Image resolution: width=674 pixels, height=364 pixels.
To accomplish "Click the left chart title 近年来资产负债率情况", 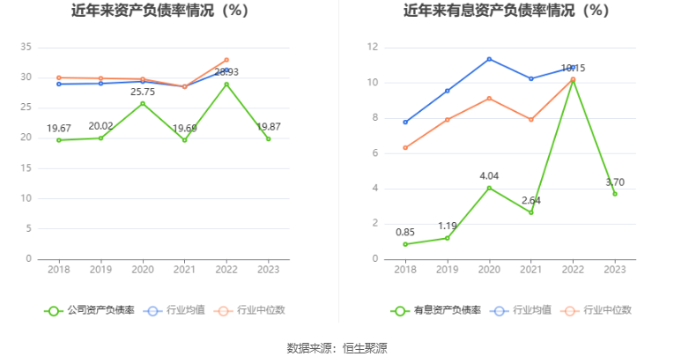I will click(159, 11).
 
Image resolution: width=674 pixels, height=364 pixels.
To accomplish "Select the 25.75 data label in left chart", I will click(143, 91).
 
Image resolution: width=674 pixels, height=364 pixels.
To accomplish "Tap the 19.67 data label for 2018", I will click(58, 127).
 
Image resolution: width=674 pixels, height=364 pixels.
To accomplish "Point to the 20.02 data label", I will click(100, 125).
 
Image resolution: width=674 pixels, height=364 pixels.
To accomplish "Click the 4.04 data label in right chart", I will click(488, 175).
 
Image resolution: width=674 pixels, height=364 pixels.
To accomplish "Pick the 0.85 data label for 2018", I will click(404, 232).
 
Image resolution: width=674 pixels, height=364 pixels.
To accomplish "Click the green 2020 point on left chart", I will click(143, 103).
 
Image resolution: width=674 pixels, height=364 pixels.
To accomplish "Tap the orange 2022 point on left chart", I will click(226, 60).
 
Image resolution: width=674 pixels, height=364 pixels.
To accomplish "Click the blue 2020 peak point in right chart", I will click(489, 59).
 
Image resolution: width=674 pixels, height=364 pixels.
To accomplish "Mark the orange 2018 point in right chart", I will click(405, 147).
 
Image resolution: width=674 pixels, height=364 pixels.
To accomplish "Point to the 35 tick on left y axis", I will click(26, 47).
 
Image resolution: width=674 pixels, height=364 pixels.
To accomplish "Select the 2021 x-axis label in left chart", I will click(184, 270).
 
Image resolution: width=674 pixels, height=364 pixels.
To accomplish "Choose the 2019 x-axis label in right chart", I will click(447, 270).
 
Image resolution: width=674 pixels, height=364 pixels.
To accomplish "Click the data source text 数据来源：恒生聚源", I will click(337, 347).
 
